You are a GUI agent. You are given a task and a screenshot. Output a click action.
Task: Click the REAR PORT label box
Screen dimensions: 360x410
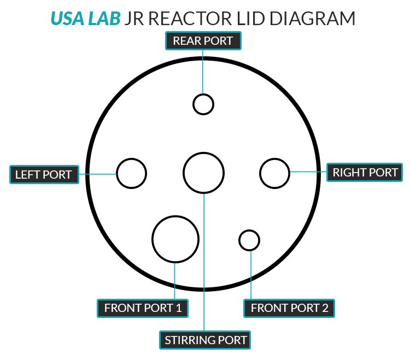(203, 41)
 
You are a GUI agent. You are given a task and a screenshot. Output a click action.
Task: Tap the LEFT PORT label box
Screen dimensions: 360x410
(44, 175)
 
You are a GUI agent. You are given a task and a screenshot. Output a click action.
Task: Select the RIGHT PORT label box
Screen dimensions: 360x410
(365, 173)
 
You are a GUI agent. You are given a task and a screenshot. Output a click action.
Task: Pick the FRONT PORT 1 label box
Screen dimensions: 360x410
(143, 308)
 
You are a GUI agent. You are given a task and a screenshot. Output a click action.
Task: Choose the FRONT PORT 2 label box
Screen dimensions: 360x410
(289, 308)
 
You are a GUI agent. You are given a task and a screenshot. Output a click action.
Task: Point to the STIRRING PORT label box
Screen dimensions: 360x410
(206, 340)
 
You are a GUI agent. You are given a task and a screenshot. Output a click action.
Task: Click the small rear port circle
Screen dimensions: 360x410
(203, 104)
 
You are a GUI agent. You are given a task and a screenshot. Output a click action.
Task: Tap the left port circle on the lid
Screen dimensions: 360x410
(132, 174)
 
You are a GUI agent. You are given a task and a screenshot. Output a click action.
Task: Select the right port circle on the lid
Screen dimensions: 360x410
(274, 173)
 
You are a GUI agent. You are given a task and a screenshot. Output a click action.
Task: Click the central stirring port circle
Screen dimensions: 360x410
(203, 173)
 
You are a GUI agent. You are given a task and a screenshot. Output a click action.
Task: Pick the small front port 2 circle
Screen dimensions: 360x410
(249, 240)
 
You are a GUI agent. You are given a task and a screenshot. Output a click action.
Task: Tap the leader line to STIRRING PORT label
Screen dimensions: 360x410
(204, 262)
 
